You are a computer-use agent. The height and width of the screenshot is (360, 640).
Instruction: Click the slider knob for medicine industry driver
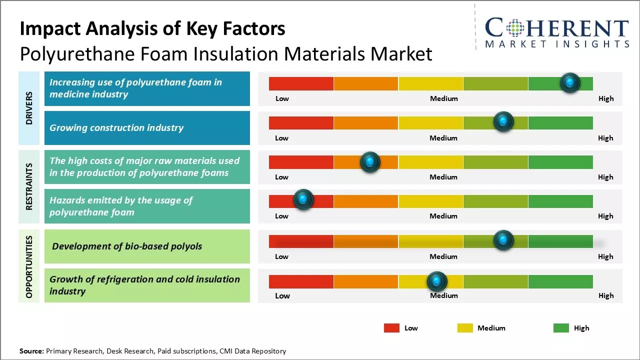(x=570, y=83)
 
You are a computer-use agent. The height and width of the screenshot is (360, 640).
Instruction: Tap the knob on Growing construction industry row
(x=503, y=122)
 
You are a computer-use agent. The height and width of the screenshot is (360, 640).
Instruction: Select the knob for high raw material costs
(x=370, y=162)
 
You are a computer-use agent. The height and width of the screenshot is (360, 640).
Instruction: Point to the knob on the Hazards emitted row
(x=303, y=200)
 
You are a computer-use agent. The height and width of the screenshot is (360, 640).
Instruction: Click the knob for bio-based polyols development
(x=503, y=240)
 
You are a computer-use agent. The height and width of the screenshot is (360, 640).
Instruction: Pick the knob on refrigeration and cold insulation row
(x=437, y=281)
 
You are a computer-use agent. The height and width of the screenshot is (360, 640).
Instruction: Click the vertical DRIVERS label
(x=29, y=108)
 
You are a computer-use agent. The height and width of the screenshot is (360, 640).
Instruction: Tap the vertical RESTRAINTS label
(x=29, y=186)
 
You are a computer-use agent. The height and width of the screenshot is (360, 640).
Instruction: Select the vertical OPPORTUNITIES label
(x=29, y=266)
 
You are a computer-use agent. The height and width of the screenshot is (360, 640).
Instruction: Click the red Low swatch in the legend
(x=391, y=328)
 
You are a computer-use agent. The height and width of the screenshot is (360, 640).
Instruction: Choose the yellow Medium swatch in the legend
(x=465, y=328)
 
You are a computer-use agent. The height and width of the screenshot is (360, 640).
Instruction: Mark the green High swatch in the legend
(x=561, y=328)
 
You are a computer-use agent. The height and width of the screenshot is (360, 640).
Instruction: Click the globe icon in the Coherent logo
(x=514, y=28)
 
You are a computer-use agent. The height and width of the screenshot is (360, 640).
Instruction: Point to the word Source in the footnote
(x=31, y=351)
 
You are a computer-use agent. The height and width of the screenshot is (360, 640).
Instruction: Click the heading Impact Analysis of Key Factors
(x=152, y=28)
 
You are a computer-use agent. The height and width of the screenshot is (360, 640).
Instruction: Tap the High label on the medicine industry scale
(x=605, y=98)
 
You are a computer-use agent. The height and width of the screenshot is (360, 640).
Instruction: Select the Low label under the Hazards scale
(x=281, y=216)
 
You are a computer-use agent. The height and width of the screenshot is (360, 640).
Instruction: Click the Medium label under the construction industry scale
(x=443, y=138)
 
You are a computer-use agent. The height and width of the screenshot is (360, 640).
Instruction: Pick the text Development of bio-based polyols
(x=127, y=246)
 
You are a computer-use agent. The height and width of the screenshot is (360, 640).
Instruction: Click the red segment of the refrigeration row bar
(x=301, y=282)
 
